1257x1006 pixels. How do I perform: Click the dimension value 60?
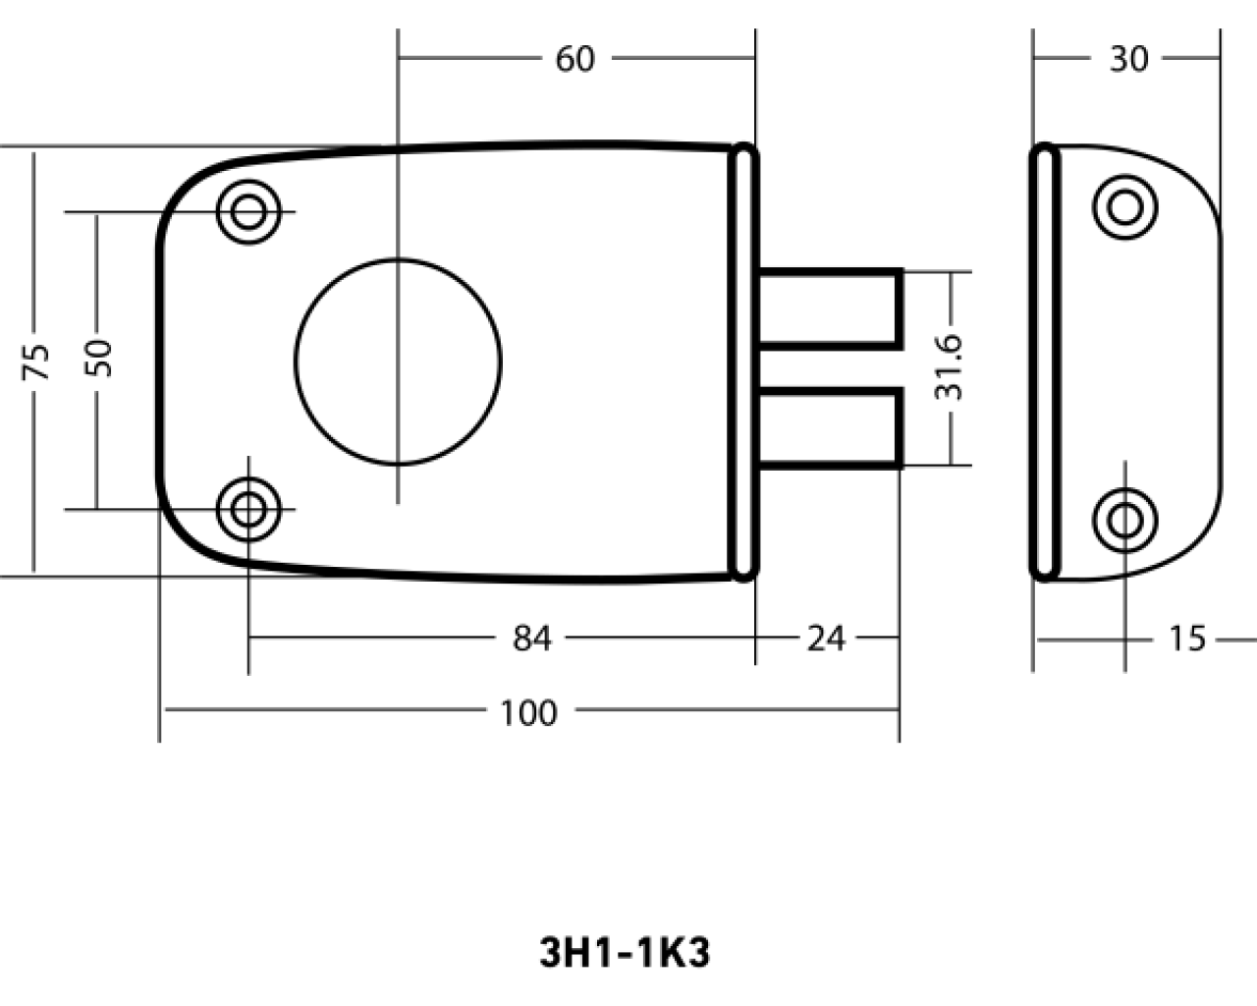(574, 59)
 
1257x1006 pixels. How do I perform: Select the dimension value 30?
(1128, 59)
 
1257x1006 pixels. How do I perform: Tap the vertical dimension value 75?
(35, 363)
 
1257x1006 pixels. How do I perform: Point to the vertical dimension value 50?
(98, 358)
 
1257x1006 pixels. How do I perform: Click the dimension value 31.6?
(948, 367)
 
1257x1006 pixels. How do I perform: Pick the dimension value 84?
(531, 638)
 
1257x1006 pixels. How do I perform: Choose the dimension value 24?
(825, 638)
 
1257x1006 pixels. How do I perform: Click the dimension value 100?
(529, 713)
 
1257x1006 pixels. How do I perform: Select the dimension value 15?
(1187, 638)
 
